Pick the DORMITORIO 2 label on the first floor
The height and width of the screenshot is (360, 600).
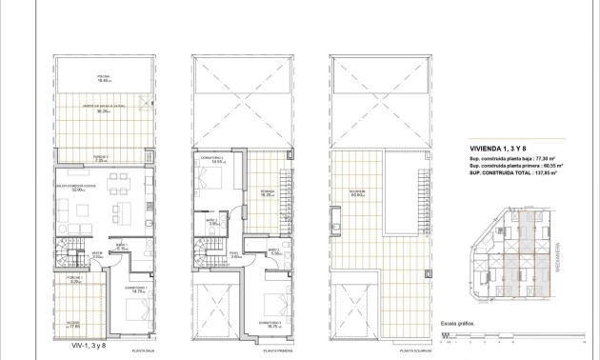click(x=211, y=158)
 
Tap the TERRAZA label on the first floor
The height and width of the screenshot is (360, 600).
click(x=269, y=190)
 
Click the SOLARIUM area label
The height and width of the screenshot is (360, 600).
click(x=356, y=193)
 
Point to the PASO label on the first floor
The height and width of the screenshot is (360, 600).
click(x=237, y=253)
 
